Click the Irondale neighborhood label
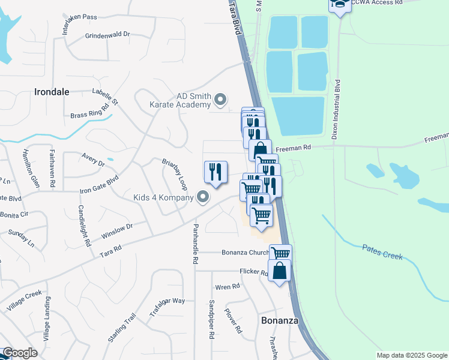(x=52, y=92)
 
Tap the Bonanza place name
(x=280, y=320)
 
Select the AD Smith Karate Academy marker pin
(x=221, y=100)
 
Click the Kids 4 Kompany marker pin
(x=203, y=197)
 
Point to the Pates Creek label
(x=382, y=251)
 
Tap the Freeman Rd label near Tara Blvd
(x=298, y=147)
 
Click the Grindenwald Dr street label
(x=107, y=35)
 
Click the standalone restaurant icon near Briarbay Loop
(x=215, y=172)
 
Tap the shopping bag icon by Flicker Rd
(x=280, y=271)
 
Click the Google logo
(x=20, y=353)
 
